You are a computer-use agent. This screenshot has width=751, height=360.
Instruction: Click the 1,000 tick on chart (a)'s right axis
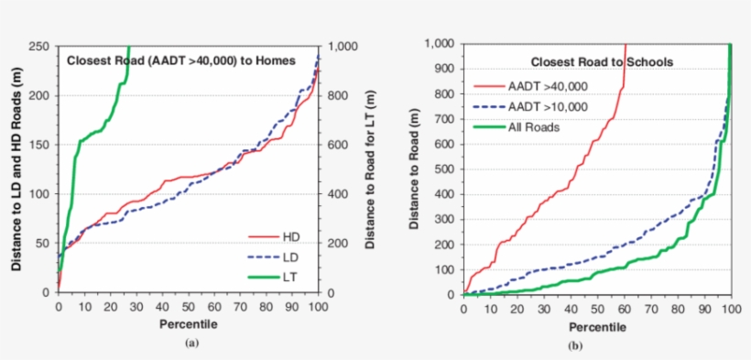pyautogui.click(x=343, y=46)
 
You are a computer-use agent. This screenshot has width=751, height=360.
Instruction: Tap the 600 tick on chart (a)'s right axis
pyautogui.click(x=339, y=145)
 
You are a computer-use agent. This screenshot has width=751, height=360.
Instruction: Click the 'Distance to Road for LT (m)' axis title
pyautogui.click(x=370, y=169)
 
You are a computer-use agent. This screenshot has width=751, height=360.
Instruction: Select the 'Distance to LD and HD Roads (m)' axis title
pyautogui.click(x=16, y=169)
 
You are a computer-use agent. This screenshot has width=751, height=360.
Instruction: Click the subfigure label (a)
pyautogui.click(x=190, y=343)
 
